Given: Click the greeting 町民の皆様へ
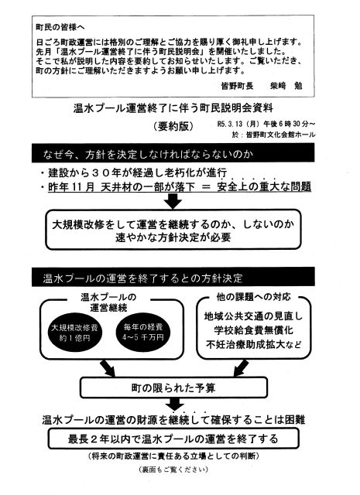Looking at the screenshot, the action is pos(60,27).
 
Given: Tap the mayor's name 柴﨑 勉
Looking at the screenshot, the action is pos(286,86).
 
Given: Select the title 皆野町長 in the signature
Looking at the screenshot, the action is pos(237,86).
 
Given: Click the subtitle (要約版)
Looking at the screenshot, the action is pos(173,126).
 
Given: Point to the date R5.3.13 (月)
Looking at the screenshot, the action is pos(238,124).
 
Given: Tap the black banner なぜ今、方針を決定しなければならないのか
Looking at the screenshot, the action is pos(173,153).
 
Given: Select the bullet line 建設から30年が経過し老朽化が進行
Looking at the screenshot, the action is pos(134,172).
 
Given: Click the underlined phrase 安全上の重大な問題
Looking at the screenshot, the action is pos(264,186).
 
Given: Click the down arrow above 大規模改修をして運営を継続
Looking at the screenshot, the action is pos(173,201).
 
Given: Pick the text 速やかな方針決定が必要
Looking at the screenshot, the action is pos(173,237).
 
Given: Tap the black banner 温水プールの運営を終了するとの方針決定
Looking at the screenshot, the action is pos(173,277).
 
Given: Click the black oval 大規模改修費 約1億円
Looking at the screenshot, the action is pos(74,333).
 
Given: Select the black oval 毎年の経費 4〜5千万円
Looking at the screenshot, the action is pos(143,332).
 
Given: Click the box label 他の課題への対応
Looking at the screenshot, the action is pos(253,297).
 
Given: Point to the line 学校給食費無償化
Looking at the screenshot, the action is pos(253,330).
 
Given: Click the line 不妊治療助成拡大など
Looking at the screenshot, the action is pos(253,344).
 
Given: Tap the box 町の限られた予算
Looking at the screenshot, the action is pos(173,387).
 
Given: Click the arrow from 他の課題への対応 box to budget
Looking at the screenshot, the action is pos(241,368).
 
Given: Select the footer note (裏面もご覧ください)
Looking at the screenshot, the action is pos(173,469).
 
